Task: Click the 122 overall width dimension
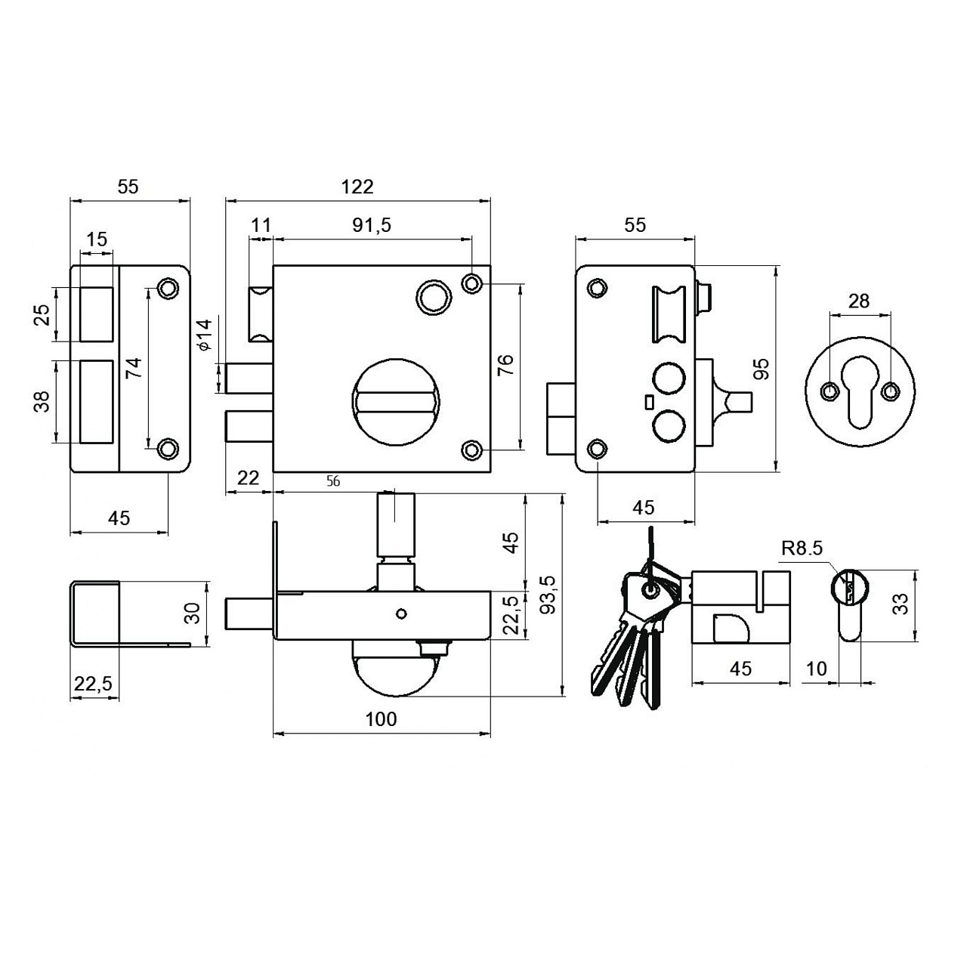357,187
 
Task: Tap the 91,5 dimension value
372,225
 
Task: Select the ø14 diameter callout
205,334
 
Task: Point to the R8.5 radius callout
802,548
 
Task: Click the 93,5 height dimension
550,595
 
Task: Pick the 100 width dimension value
382,719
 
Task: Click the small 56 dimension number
333,481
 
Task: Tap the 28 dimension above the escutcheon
859,301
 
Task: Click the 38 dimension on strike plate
42,401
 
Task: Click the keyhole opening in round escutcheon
860,392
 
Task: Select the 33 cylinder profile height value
902,604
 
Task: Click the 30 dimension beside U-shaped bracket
193,613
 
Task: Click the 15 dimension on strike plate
97,239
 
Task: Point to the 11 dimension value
261,225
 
